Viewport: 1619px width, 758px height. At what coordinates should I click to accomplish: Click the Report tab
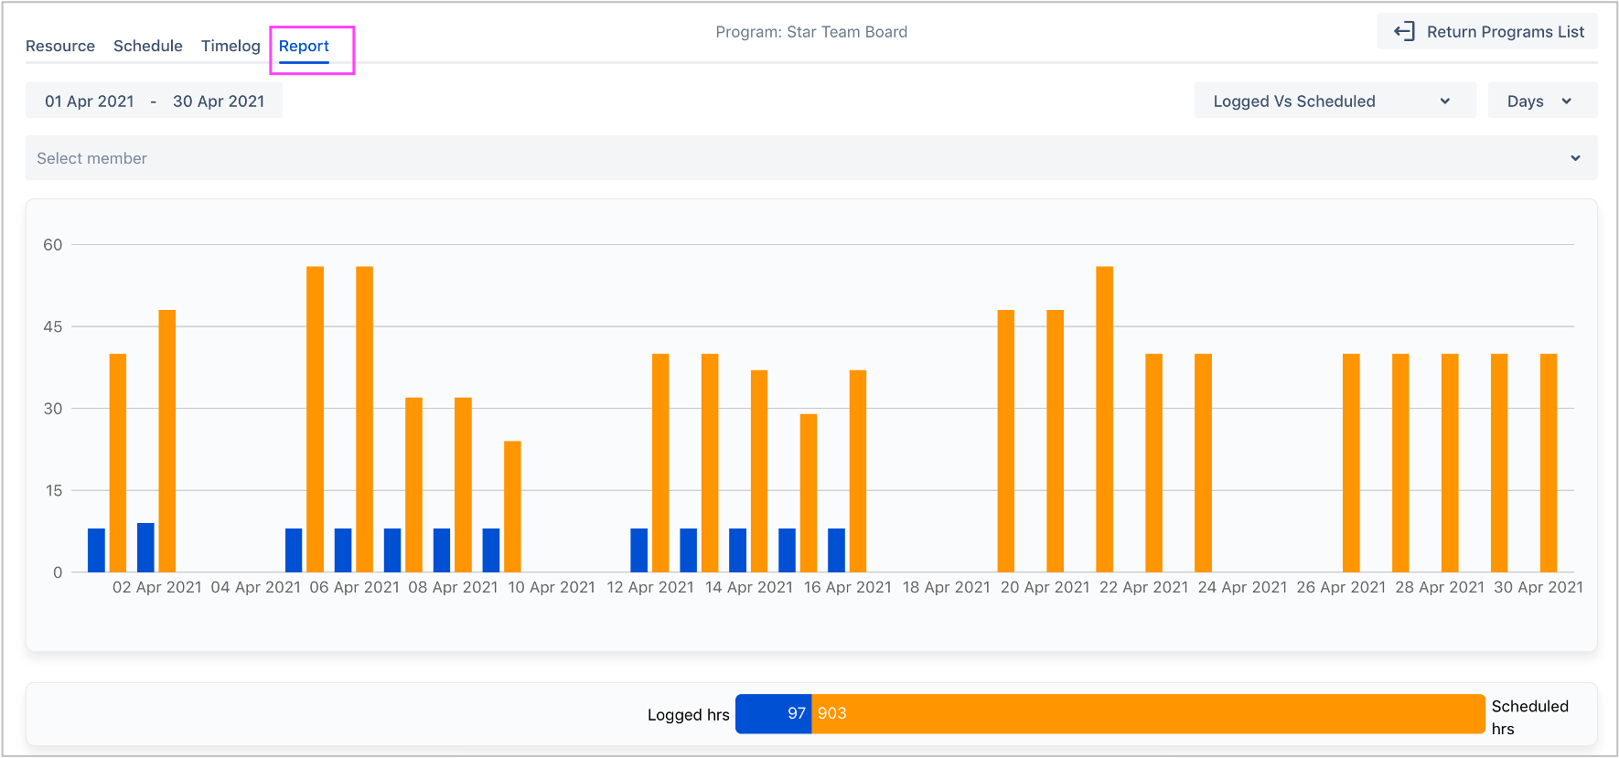304,47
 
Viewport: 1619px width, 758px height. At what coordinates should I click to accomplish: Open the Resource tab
60,47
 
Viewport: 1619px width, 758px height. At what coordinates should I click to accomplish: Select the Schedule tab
148,47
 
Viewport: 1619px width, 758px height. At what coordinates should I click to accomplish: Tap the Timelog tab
231,47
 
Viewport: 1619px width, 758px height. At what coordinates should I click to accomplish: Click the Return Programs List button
1488,32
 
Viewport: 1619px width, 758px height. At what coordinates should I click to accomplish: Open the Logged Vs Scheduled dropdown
1334,101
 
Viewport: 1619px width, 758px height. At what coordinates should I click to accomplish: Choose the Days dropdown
1541,101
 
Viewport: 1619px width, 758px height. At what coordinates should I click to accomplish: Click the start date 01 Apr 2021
90,101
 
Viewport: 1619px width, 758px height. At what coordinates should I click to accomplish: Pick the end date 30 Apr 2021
219,101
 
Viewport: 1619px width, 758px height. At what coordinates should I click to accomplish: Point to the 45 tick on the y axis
53,326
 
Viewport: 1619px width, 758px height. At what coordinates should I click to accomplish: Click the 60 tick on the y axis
53,245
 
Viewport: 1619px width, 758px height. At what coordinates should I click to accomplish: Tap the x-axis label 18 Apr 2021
946,587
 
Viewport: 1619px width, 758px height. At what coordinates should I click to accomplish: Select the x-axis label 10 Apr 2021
552,587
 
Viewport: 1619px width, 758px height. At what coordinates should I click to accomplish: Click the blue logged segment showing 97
774,713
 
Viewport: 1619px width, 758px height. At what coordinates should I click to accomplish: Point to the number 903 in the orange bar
831,713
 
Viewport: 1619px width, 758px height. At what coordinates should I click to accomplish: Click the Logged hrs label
688,715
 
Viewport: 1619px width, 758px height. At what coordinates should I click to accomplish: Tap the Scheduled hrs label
1529,717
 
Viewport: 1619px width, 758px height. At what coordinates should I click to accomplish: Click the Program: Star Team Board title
811,32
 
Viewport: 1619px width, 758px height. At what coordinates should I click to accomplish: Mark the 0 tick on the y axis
58,572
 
